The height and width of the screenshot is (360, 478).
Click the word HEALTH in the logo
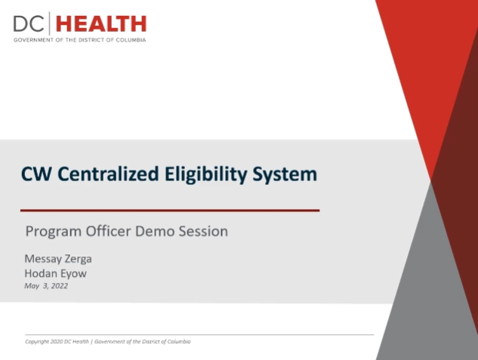(101, 24)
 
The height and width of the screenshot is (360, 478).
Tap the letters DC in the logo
(29, 24)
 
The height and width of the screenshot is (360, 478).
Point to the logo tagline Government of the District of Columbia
(79, 40)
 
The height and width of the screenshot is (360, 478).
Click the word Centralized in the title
(108, 174)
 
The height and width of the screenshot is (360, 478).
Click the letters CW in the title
(36, 174)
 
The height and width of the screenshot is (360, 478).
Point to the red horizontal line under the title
(170, 210)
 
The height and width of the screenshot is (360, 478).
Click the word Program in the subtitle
(54, 232)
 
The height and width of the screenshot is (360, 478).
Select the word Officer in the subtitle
(108, 231)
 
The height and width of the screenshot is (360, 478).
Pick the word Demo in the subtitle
(155, 231)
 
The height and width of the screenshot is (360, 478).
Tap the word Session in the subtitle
(203, 231)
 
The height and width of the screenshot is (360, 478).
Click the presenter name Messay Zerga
(58, 259)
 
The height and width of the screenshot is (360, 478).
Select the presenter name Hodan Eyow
(55, 274)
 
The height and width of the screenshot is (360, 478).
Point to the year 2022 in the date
(60, 286)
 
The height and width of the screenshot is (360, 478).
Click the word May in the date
(32, 286)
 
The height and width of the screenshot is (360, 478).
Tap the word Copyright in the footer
(37, 342)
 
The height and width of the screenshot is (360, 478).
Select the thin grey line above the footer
(199, 334)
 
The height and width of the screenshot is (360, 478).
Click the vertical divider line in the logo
(50, 23)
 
